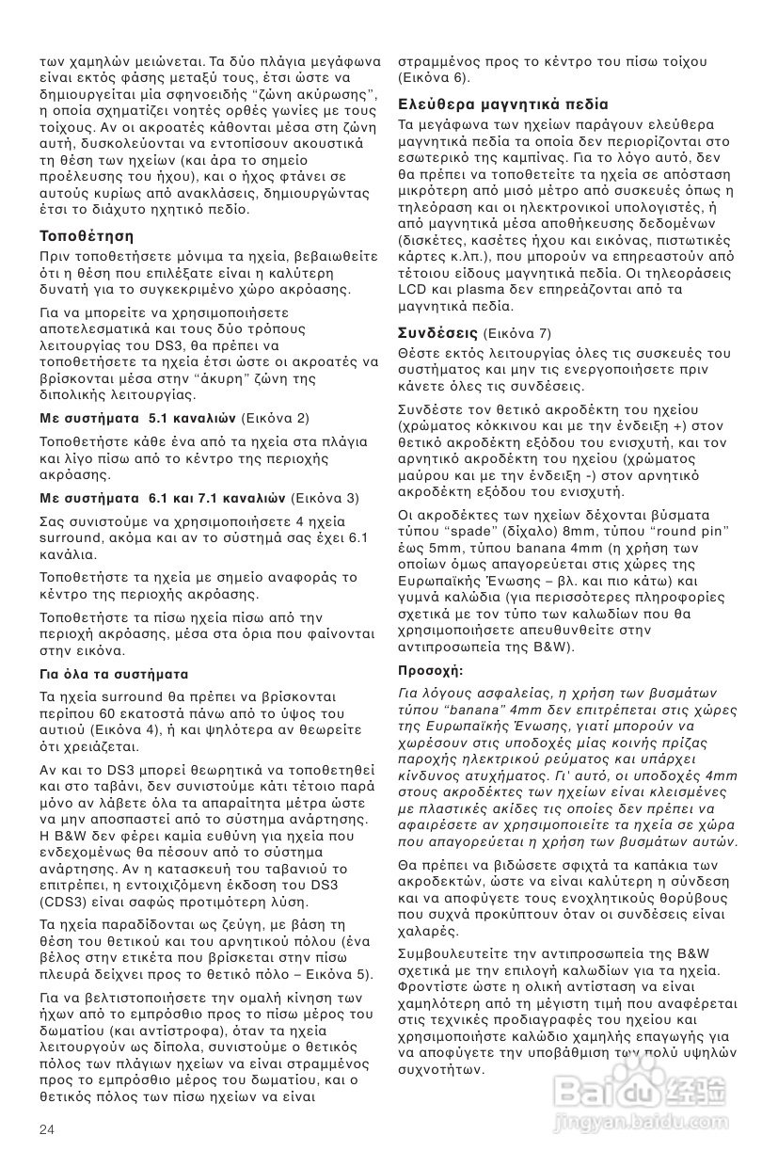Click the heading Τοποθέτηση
[x=87, y=235]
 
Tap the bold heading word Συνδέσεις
[x=438, y=333]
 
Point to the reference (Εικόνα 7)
[x=516, y=334]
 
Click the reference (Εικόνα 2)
[x=276, y=418]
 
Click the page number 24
[x=47, y=1127]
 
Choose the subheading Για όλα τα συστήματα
[x=114, y=675]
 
